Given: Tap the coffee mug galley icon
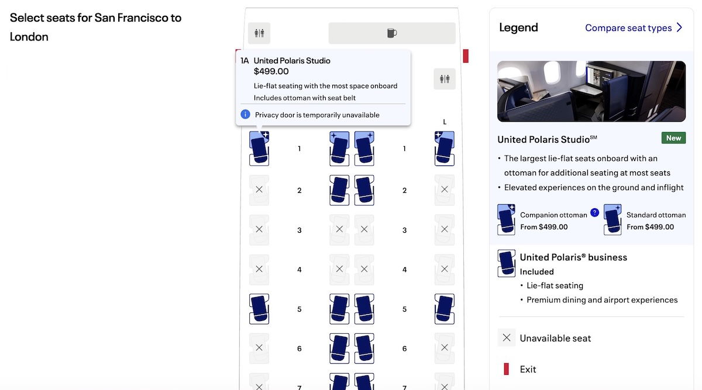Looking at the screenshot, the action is tap(392, 33).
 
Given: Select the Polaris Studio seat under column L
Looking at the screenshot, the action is tap(445, 148).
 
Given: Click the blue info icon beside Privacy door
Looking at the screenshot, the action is tap(245, 115).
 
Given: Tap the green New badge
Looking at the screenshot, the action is tap(673, 138).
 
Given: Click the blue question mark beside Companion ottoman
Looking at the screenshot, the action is tap(594, 213).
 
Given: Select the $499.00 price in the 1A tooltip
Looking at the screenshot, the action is tap(271, 71).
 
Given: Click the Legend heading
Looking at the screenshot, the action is tap(518, 27).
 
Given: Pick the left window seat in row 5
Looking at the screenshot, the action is tap(259, 309).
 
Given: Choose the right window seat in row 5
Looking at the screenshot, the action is tap(445, 309).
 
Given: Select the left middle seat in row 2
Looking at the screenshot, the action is tap(339, 190).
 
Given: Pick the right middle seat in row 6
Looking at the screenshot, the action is tap(364, 348).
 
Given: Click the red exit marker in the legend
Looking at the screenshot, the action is tap(506, 369).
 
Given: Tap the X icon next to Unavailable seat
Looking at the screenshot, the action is tap(507, 338).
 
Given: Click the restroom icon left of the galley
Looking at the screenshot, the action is tap(259, 33).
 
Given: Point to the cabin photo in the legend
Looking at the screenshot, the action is tap(591, 91).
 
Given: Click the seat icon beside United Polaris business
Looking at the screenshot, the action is tap(506, 264).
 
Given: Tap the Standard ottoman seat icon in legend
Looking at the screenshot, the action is tap(612, 219).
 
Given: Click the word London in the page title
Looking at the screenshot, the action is tap(29, 37).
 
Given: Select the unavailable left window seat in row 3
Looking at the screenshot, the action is tap(259, 229).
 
